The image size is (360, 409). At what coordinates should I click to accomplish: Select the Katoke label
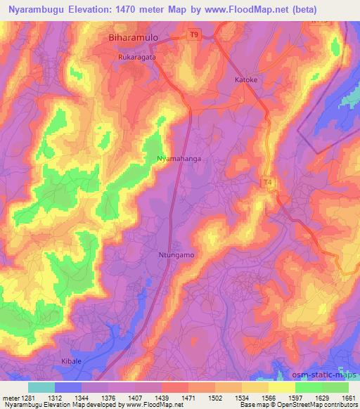click(x=247, y=80)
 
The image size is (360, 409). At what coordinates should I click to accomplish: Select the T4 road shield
click(x=268, y=183)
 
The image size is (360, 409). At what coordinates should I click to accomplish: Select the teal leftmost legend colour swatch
click(x=41, y=387)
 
